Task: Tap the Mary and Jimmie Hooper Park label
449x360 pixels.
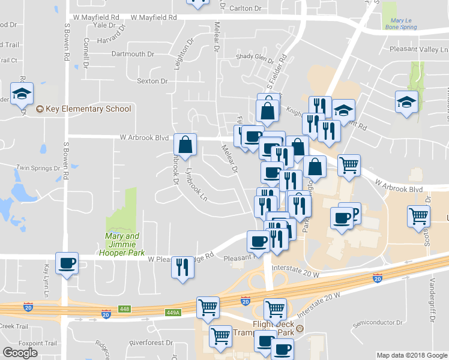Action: pos(122,240)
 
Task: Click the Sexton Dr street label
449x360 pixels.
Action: pos(152,81)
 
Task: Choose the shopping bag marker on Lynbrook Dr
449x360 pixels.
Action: pos(185,145)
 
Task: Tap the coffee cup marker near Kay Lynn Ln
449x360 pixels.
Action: pos(66,263)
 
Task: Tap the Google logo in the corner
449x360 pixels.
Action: pos(20,352)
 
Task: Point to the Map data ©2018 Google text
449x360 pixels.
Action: pos(412,355)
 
